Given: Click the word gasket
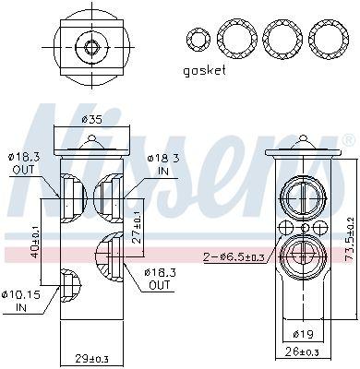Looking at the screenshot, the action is (x=204, y=71).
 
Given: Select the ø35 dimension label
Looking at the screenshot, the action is (x=91, y=119).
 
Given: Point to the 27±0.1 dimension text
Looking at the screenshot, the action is (x=137, y=227).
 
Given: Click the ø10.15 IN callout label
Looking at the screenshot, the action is (x=25, y=301).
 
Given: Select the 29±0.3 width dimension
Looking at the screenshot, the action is (x=92, y=358).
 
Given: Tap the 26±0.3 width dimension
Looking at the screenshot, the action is (x=302, y=351).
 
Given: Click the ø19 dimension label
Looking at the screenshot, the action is (x=303, y=334).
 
